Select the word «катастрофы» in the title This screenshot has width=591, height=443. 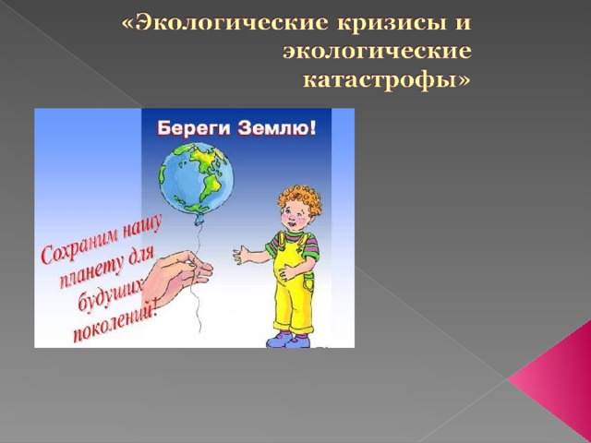(x=387, y=80)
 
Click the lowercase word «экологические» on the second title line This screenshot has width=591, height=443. (x=377, y=52)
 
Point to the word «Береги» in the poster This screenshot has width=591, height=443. (x=195, y=129)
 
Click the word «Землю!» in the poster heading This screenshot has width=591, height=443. (x=277, y=128)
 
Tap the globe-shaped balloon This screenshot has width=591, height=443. (x=196, y=178)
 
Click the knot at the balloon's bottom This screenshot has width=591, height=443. (x=199, y=220)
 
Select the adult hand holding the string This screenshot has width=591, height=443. (x=177, y=275)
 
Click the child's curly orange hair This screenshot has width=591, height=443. (x=300, y=198)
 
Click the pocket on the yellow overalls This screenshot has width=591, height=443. (x=309, y=283)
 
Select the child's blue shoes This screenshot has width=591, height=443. (x=288, y=340)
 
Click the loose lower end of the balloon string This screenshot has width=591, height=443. (x=200, y=331)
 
